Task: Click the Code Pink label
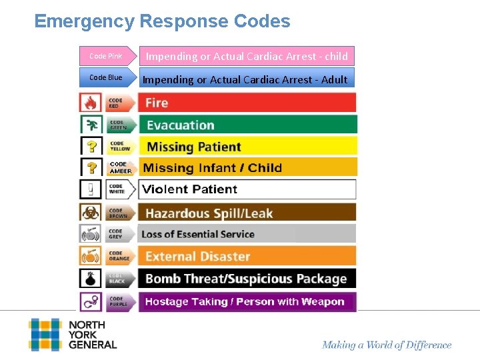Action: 105,56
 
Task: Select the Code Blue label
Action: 105,77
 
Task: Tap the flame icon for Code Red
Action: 90,103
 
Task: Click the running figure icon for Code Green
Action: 90,125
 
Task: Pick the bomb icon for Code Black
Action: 90,278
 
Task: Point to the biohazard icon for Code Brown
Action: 90,213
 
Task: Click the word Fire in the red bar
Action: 157,103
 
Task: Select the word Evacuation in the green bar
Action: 180,125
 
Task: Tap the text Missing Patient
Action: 193,147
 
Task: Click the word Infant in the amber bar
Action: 217,168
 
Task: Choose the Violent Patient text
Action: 190,189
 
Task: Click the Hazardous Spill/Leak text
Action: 209,214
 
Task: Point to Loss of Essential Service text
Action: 198,234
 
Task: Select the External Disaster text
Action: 197,257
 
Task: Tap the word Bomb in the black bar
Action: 163,279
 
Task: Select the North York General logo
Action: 73,335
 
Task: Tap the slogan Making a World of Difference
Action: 387,345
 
